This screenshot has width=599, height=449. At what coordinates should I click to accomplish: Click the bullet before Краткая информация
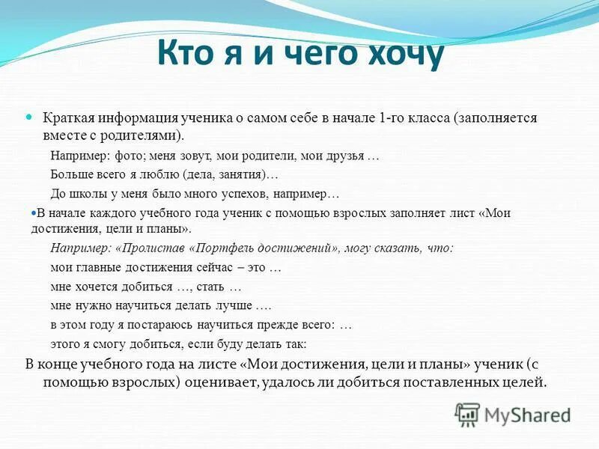[29, 118]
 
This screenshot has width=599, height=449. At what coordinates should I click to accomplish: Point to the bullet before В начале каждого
[33, 213]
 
